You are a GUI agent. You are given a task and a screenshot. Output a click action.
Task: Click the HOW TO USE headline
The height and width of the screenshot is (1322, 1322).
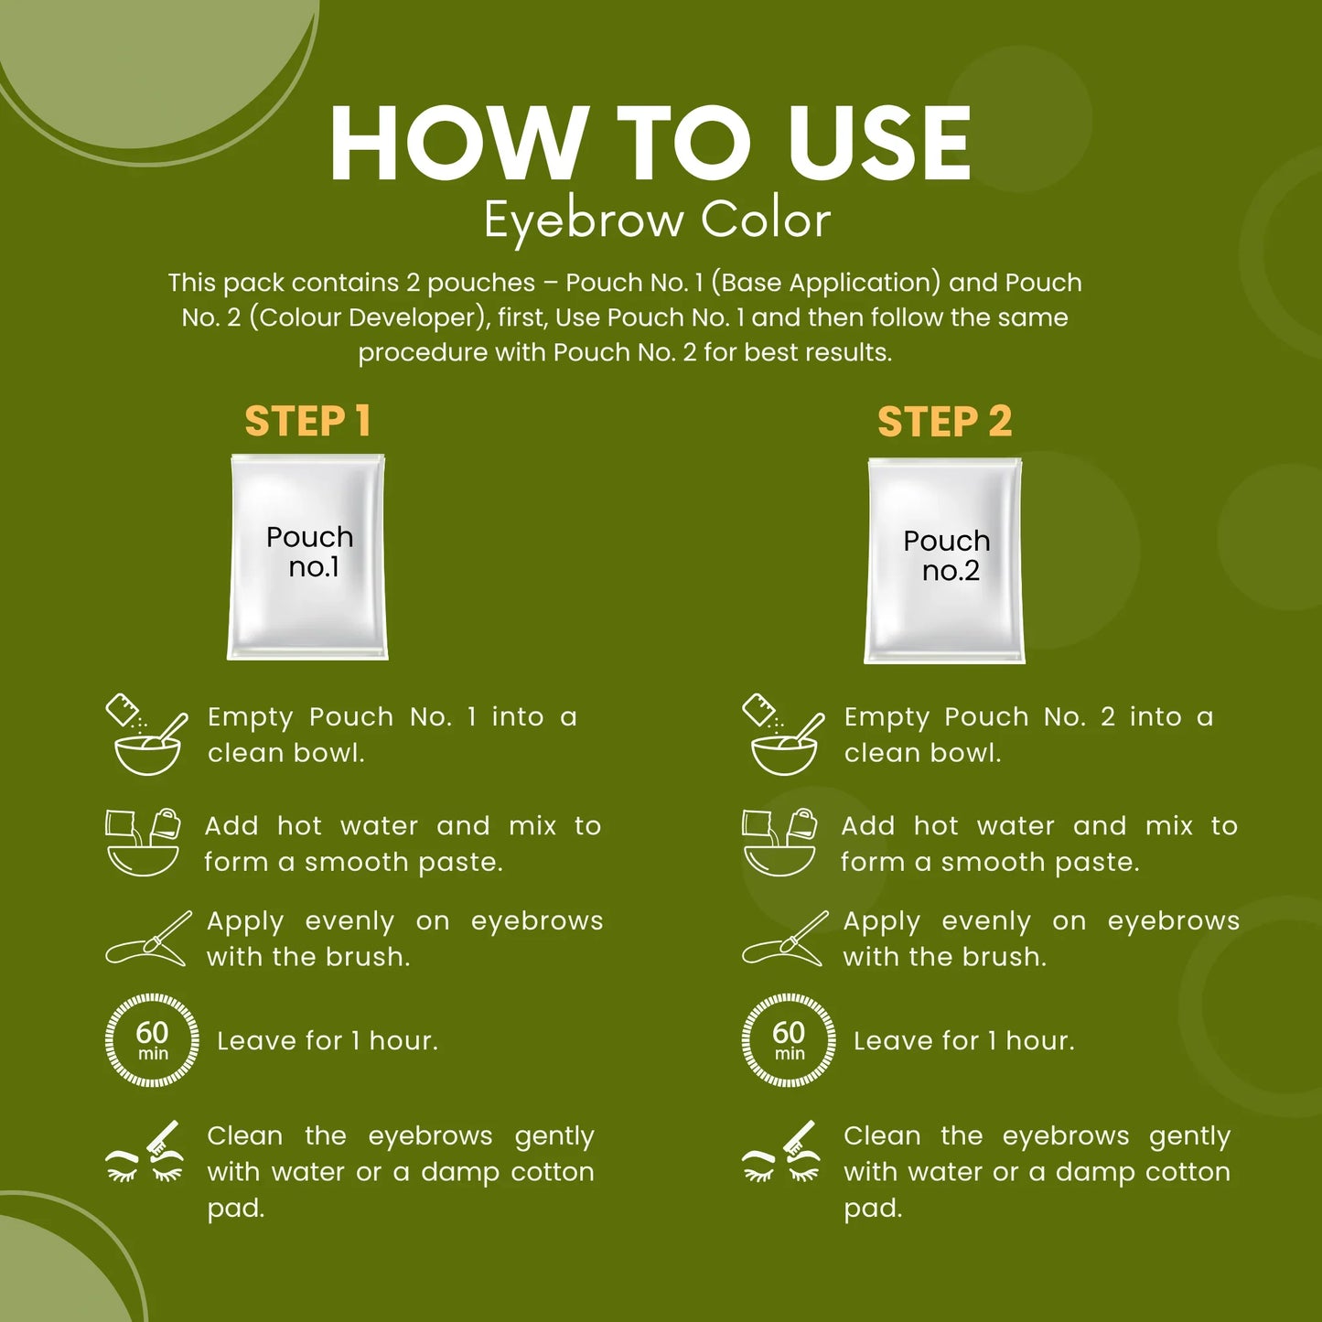point(650,144)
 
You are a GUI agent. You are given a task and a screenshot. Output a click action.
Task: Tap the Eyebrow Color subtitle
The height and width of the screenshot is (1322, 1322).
point(657,220)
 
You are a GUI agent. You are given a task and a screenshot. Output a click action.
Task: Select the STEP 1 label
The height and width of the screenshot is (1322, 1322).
point(307,422)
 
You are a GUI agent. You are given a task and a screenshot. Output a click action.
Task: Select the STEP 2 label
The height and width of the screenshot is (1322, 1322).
point(944,422)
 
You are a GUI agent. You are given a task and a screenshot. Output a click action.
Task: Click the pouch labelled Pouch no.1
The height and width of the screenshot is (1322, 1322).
point(307,556)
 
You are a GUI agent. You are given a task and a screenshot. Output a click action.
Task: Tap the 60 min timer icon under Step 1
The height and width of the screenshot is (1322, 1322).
point(152,1040)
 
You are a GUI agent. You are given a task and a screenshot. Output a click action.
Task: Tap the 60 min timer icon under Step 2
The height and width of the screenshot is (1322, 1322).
point(789,1040)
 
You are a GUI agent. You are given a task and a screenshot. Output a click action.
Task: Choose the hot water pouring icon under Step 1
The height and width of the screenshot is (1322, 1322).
point(143,842)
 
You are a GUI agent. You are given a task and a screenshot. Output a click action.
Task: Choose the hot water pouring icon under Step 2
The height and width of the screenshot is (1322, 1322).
point(779,842)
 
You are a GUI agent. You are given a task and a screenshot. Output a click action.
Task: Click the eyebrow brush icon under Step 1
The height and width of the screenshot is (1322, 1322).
point(148,939)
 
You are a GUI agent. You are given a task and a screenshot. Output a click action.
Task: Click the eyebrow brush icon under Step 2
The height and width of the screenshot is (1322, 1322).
point(785,939)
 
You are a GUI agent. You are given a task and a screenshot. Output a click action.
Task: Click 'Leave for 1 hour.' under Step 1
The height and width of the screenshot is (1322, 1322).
point(328,1041)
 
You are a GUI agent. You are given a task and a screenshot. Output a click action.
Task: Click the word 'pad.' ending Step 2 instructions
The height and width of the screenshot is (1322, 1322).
point(873,1209)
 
